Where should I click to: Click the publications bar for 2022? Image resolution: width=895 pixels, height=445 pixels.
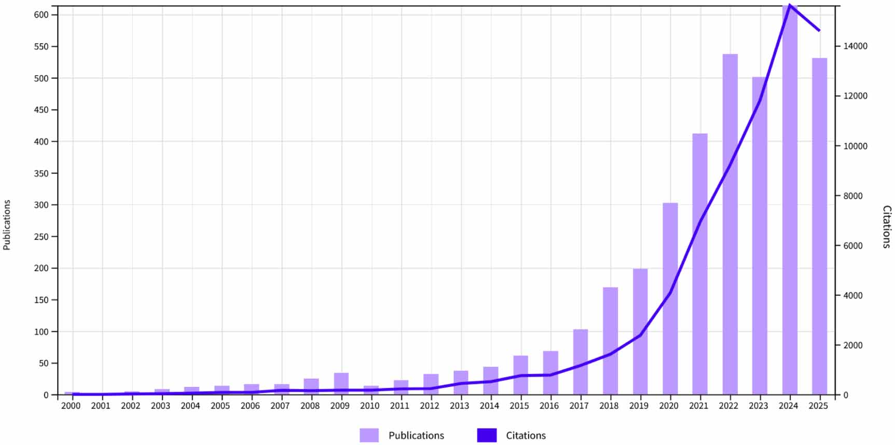click(x=729, y=224)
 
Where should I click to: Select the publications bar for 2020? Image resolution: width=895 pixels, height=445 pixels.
click(x=670, y=299)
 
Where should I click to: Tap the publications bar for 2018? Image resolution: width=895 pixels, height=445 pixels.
click(x=610, y=341)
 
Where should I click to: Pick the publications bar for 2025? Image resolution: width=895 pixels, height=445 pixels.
click(x=819, y=226)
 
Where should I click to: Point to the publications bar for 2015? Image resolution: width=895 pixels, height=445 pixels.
click(x=520, y=375)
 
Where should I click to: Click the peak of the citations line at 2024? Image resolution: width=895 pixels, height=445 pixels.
click(x=790, y=5)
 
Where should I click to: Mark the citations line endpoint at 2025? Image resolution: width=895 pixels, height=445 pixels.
click(x=819, y=31)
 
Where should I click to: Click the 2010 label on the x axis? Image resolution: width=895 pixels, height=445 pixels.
click(x=369, y=406)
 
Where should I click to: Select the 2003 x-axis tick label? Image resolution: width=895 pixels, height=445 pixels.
click(x=160, y=406)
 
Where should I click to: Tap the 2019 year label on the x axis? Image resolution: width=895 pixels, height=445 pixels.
click(x=639, y=406)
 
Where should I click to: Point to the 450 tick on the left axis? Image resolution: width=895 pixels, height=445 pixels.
click(x=42, y=110)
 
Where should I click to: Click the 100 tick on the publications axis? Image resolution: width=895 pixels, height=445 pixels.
click(x=42, y=331)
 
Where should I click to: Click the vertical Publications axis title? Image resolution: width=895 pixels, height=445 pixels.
click(x=7, y=225)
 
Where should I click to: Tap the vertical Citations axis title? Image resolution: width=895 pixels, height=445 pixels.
click(x=887, y=227)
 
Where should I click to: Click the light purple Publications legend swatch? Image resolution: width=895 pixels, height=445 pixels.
click(x=369, y=435)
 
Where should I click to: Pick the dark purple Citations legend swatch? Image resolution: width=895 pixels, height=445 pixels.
click(x=487, y=435)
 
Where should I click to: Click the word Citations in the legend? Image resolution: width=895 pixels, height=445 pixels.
click(x=526, y=435)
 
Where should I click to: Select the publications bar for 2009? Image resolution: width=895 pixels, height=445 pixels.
click(x=341, y=384)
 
